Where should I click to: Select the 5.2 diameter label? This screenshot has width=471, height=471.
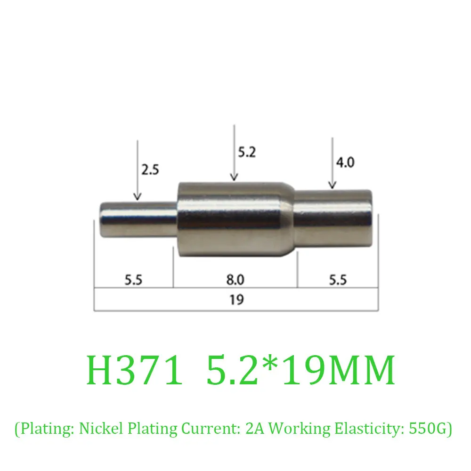(247, 152)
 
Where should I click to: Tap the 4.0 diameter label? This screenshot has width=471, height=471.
(345, 162)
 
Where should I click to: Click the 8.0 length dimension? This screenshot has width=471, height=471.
(235, 280)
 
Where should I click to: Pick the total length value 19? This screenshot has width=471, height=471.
(236, 300)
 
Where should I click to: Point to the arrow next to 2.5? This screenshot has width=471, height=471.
(137, 170)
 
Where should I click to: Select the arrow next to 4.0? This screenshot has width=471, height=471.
(333, 162)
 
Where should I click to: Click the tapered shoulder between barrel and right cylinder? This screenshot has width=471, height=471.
(288, 219)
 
